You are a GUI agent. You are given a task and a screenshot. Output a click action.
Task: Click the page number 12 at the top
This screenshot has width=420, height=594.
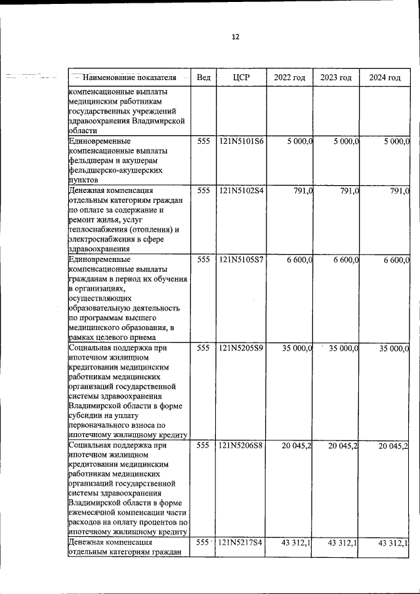pyautogui.click(x=235, y=37)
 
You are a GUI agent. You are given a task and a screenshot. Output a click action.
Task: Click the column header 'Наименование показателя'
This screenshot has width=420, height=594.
pyautogui.click(x=131, y=77)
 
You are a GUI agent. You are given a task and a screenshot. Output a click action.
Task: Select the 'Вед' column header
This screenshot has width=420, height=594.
pyautogui.click(x=203, y=77)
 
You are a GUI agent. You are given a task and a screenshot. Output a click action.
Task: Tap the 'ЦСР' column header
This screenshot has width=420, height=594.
pyautogui.click(x=241, y=77)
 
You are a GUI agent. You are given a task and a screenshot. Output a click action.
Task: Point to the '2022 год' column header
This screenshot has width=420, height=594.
pyautogui.click(x=289, y=77)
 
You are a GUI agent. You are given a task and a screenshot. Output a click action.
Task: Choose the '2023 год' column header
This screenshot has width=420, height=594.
pyautogui.click(x=336, y=77)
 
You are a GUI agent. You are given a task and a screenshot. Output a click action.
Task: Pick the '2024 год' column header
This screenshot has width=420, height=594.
pyautogui.click(x=385, y=77)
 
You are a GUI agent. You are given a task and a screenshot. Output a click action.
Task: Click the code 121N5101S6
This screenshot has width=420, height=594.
pyautogui.click(x=241, y=141)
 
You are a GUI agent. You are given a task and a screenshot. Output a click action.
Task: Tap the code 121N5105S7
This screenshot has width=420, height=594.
pyautogui.click(x=241, y=260)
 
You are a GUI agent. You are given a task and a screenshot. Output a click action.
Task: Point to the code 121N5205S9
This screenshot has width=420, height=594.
pyautogui.click(x=241, y=348)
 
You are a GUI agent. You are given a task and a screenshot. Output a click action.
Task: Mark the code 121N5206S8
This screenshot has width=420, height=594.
pyautogui.click(x=241, y=446)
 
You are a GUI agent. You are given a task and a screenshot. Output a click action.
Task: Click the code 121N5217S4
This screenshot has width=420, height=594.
pyautogui.click(x=241, y=543)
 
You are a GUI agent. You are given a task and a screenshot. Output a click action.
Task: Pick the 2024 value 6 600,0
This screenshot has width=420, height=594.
pyautogui.click(x=396, y=260)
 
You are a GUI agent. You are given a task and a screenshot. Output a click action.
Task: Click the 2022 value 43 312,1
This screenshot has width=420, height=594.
pyautogui.click(x=297, y=543)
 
